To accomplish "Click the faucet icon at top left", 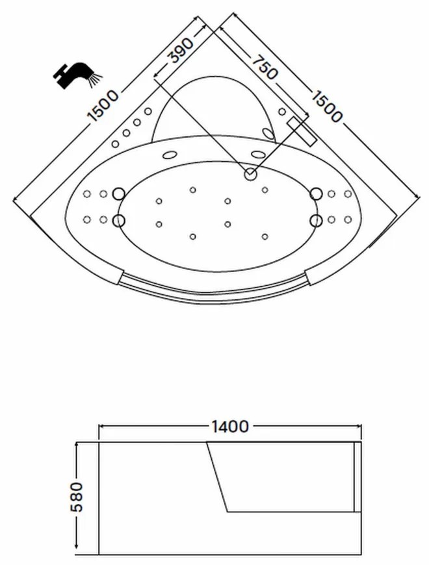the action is coord(77,75).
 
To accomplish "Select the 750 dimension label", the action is coord(265,68).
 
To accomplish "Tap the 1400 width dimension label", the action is coord(230,427).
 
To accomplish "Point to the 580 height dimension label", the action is coord(77,497).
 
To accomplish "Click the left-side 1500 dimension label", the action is coord(103,106).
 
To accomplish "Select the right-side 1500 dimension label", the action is coord(326,107).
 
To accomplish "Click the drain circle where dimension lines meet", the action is coord(250,175).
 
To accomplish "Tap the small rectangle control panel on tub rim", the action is coord(302,131).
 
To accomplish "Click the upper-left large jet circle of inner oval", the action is coord(118,194).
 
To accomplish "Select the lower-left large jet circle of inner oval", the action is coord(118,221).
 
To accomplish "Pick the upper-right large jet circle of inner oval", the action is coord(316,194).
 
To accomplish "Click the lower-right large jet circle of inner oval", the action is coord(316,221).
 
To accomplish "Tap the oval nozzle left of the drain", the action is coord(169,155).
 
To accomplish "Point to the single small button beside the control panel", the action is coord(282,111).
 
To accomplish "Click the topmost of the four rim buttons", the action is coord(148,111).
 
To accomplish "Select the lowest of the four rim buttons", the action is coord(115,144).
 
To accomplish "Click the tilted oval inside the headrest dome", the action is coord(268,133).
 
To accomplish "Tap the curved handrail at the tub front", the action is coord(214,291).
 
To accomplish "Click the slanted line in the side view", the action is coord(217,477).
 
